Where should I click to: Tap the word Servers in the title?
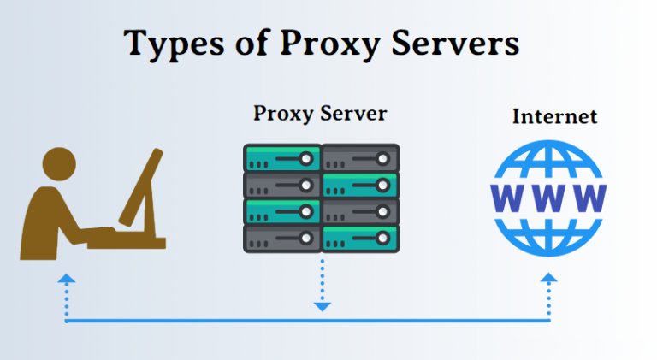click(455, 43)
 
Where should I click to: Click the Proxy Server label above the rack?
click(320, 114)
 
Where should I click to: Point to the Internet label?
click(554, 116)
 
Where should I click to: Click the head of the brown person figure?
click(60, 164)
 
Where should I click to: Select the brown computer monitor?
click(141, 187)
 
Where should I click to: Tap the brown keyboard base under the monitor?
click(127, 242)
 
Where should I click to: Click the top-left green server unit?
click(282, 158)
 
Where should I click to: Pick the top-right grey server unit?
click(360, 158)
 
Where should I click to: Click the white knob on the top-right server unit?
click(382, 159)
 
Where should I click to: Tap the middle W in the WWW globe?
click(548, 198)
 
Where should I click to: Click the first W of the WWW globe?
click(507, 198)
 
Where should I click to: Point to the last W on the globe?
click(590, 198)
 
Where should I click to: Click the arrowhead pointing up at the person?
click(67, 279)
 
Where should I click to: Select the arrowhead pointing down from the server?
click(323, 307)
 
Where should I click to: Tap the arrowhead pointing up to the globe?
click(549, 278)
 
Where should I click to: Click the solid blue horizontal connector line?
click(308, 321)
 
